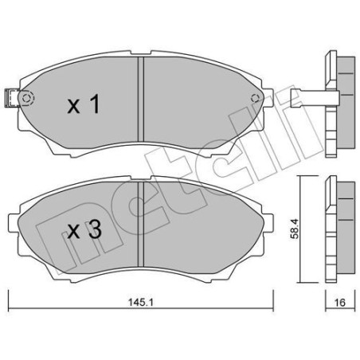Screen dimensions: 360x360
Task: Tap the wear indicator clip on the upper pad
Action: click(x=12, y=99)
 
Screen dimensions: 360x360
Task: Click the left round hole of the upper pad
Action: click(x=27, y=99)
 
